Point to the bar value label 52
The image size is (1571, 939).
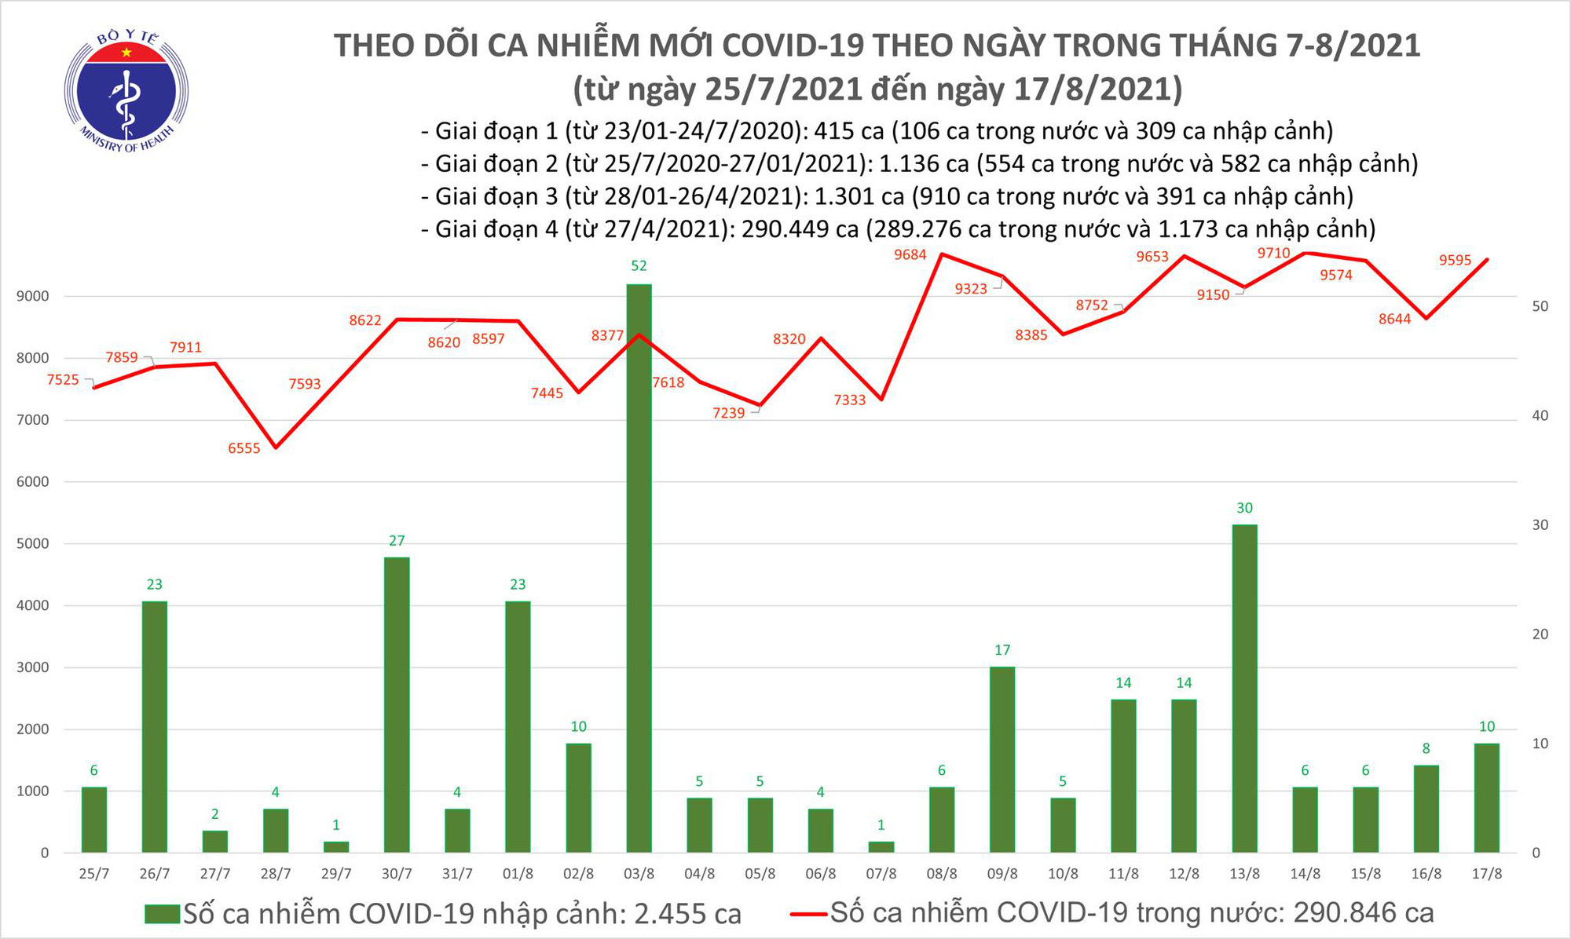point(639,266)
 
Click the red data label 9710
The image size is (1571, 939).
point(1273,253)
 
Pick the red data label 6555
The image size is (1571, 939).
point(244,448)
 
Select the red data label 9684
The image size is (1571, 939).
point(910,254)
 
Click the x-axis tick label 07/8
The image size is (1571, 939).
point(881,874)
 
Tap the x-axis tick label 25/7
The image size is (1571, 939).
point(94,874)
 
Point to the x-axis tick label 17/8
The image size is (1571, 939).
point(1486,874)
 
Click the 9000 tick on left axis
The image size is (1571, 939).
point(32,297)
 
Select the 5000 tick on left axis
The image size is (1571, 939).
point(32,543)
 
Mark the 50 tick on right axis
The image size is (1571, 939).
point(1540,306)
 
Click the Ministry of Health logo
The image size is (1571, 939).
point(126,88)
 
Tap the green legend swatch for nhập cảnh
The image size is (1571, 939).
point(163,914)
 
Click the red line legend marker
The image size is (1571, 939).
point(808,914)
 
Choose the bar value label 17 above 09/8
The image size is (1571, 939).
point(1002,650)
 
